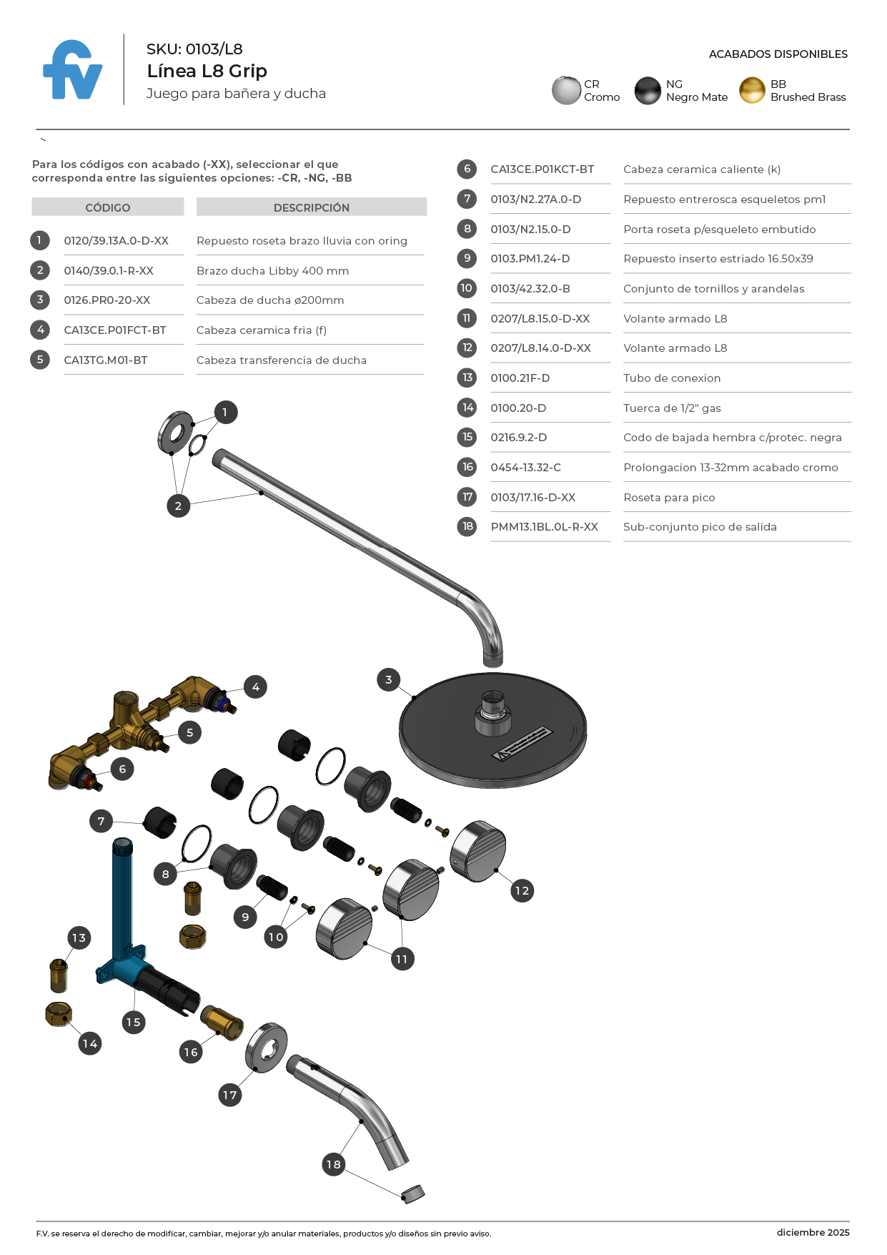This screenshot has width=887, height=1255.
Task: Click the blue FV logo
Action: pos(72,70)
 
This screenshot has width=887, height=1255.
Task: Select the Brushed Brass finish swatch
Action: pos(752,91)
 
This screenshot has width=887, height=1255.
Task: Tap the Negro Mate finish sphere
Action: pos(648,91)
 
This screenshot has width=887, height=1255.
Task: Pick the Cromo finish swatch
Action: pos(566,91)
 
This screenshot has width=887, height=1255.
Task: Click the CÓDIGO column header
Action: pos(108,207)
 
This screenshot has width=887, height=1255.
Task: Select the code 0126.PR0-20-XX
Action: pos(107,300)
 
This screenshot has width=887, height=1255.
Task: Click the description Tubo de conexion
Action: pos(672,378)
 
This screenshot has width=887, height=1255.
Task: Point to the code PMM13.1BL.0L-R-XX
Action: pos(544,527)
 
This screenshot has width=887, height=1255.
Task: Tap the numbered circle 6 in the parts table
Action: pos(467,169)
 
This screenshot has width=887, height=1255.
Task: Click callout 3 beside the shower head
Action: pos(388,679)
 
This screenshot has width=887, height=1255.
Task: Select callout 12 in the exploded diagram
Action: pos(522,890)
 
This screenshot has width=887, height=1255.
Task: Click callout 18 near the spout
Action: pos(334,1164)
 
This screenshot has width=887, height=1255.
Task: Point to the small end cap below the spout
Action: pos(413,1194)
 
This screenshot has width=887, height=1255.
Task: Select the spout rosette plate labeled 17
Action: pos(266,1049)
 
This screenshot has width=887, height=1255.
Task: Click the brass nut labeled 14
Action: pos(59,1013)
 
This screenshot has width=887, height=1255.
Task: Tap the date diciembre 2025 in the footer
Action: pos(813,1232)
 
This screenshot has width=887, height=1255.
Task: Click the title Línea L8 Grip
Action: pos(207,71)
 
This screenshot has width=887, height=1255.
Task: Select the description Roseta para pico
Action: pos(669,498)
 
